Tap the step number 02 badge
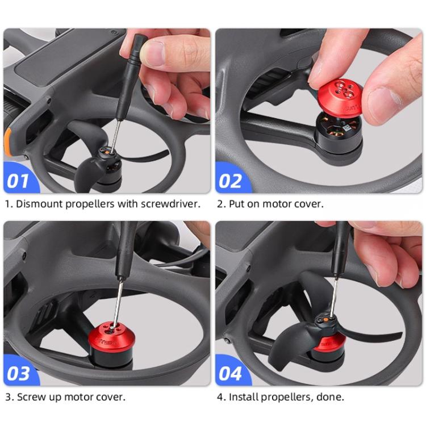click(x=231, y=181)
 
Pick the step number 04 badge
click(x=231, y=373)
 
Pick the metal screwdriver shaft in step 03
click(x=119, y=301)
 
